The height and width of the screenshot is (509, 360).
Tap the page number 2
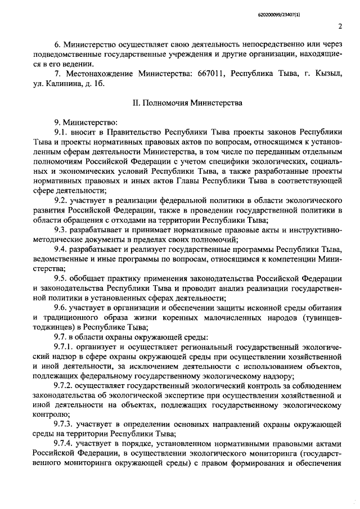(x=341, y=26)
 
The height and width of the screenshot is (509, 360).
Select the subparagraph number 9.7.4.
(x=64, y=444)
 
